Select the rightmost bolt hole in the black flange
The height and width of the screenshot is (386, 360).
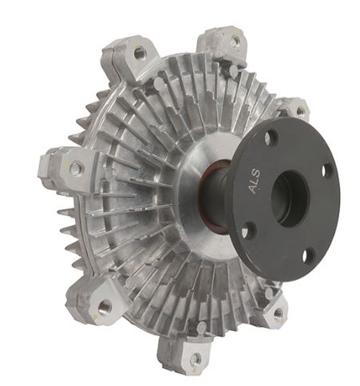tap(326, 169)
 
